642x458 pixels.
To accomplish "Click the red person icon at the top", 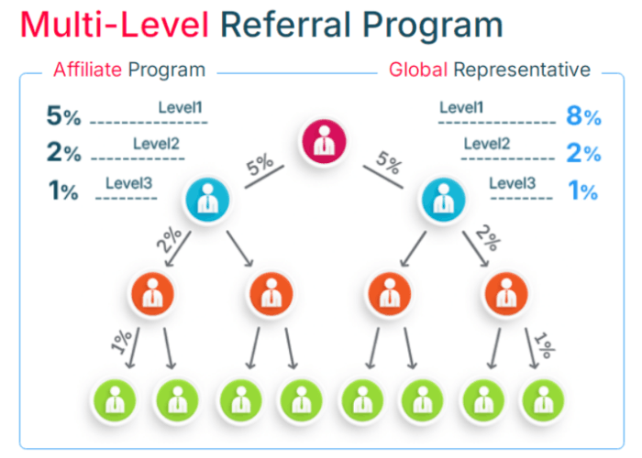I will click(322, 142).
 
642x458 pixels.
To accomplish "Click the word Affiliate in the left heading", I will click(87, 70).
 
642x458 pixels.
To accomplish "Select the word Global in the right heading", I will click(419, 70).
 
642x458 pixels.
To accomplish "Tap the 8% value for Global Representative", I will click(583, 116).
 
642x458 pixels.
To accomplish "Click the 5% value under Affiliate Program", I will click(63, 116).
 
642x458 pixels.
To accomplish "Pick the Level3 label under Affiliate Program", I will click(129, 182).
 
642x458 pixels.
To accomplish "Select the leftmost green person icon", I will click(113, 399).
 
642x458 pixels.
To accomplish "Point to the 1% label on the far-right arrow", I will click(545, 345).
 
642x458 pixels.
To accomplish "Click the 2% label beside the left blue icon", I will click(169, 240).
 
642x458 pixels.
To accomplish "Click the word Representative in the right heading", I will click(522, 70).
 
